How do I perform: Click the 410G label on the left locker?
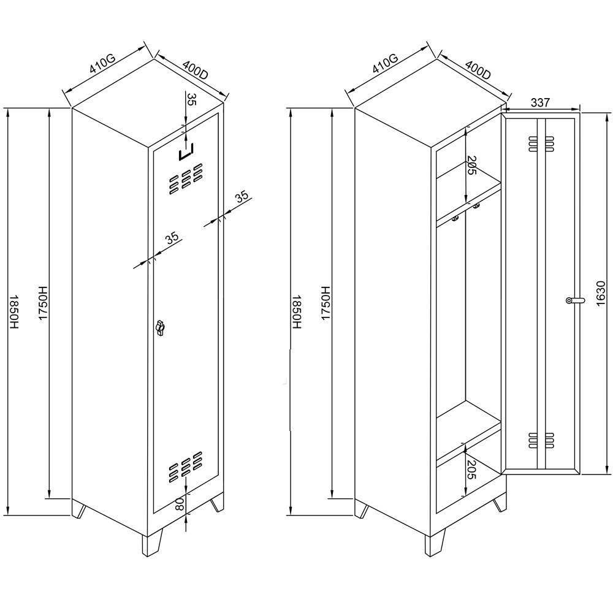pyautogui.click(x=102, y=64)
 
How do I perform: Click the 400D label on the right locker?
pyautogui.click(x=478, y=70)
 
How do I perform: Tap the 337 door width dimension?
pyautogui.click(x=540, y=102)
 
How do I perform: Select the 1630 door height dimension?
pyautogui.click(x=601, y=293)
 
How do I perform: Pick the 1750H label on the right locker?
pyautogui.click(x=326, y=303)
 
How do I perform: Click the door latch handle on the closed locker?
pyautogui.click(x=160, y=327)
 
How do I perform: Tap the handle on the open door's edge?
pyautogui.click(x=576, y=300)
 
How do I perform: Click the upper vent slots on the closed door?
pyautogui.click(x=186, y=178)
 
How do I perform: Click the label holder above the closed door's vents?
pyautogui.click(x=186, y=152)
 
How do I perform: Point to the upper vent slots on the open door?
pyautogui.click(x=541, y=144)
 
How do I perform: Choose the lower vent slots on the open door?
pyautogui.click(x=541, y=440)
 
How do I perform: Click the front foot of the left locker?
pyautogui.click(x=151, y=543)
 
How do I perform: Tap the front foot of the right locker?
pyautogui.click(x=435, y=542)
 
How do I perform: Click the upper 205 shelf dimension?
pyautogui.click(x=472, y=166)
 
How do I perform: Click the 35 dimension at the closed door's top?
pyautogui.click(x=191, y=99)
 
